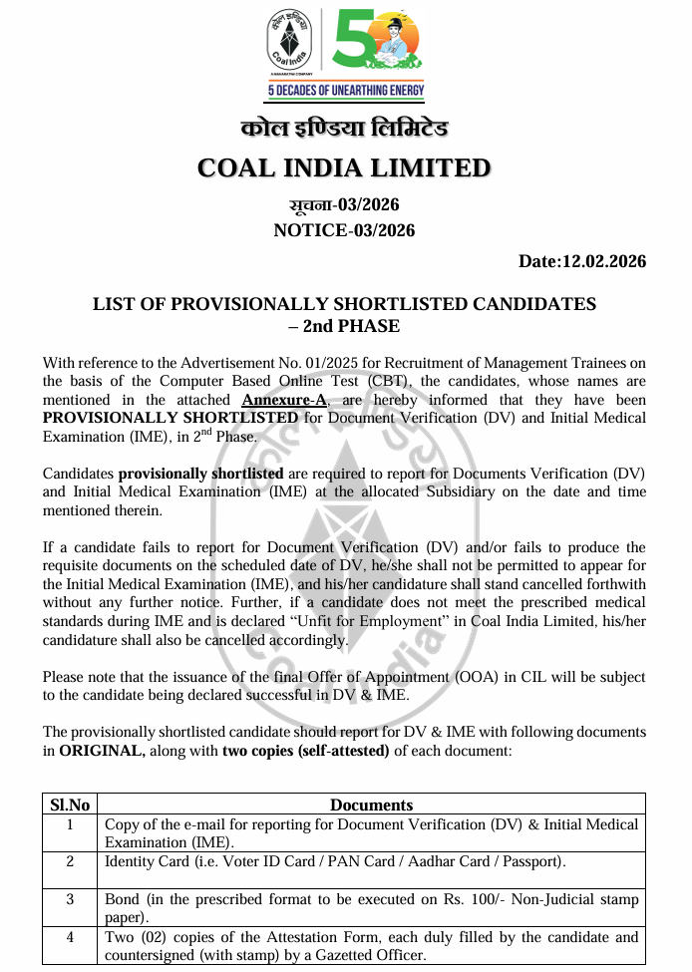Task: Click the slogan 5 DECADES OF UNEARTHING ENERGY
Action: pyautogui.click(x=345, y=92)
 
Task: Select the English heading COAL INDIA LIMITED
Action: pyautogui.click(x=344, y=167)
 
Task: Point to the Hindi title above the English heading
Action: pyautogui.click(x=344, y=130)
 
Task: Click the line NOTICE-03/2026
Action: pyautogui.click(x=344, y=230)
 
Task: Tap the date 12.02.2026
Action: pyautogui.click(x=603, y=262)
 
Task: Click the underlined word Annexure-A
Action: pyautogui.click(x=285, y=400)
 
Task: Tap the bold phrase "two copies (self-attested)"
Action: pyautogui.click(x=305, y=751)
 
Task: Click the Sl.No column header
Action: pyautogui.click(x=70, y=805)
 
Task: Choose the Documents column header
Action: pyautogui.click(x=371, y=805)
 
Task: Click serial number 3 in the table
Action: pyautogui.click(x=70, y=899)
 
